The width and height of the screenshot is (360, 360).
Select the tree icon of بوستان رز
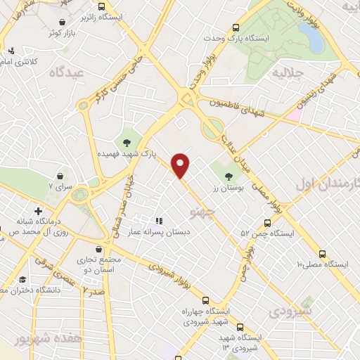[227, 176]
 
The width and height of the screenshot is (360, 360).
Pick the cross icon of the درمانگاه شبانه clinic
[38, 211]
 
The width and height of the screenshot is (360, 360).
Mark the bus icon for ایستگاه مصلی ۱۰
[323, 254]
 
